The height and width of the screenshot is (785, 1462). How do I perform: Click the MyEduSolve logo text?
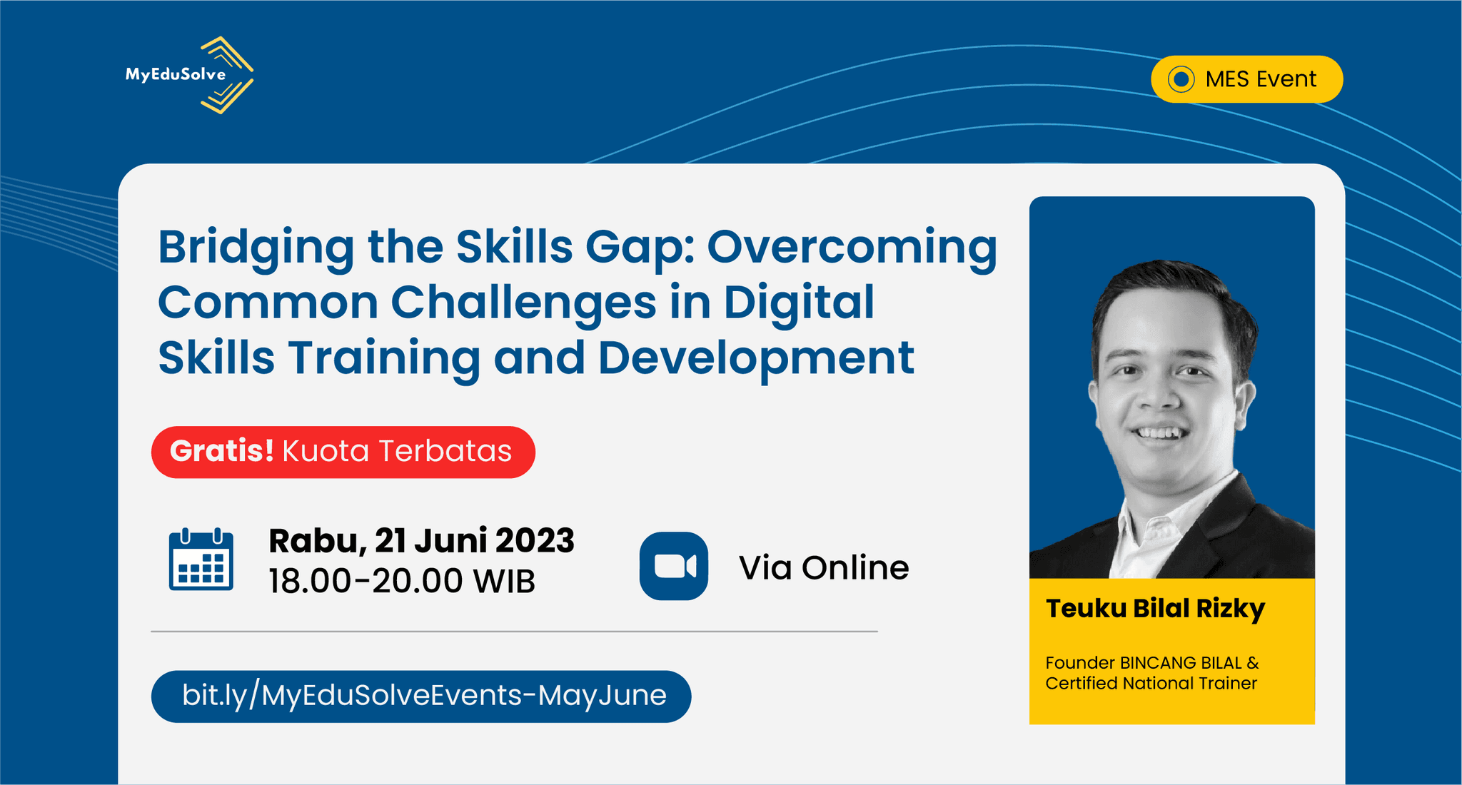pyautogui.click(x=176, y=74)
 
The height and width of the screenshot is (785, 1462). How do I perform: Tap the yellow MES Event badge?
pyautogui.click(x=1246, y=79)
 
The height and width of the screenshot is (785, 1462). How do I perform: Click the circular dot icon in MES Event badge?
pyautogui.click(x=1181, y=79)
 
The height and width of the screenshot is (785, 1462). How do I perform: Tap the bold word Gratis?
pyautogui.click(x=222, y=451)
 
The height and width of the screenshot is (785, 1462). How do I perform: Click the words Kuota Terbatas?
pyautogui.click(x=397, y=451)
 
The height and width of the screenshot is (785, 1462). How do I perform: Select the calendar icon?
pyautogui.click(x=201, y=559)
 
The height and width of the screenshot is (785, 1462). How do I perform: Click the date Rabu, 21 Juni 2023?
pyautogui.click(x=421, y=541)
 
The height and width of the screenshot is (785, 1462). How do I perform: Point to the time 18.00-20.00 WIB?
pyautogui.click(x=402, y=581)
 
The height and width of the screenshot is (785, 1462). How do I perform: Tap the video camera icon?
pyautogui.click(x=674, y=566)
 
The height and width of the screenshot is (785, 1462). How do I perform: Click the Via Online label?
pyautogui.click(x=824, y=568)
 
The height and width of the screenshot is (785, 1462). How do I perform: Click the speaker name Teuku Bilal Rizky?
pyautogui.click(x=1155, y=609)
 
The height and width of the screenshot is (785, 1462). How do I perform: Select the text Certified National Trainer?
pyautogui.click(x=1151, y=684)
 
